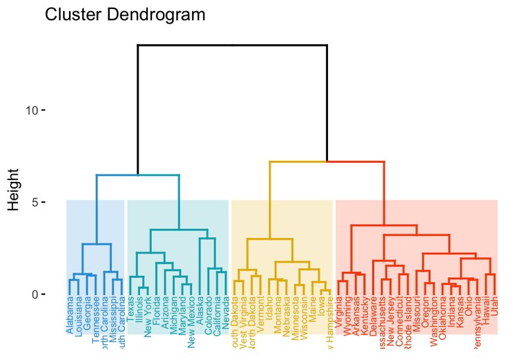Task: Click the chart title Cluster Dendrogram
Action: pos(125,15)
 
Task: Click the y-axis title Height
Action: pos(14,189)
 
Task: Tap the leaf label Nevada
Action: pos(226,313)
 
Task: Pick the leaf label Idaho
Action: pos(270,309)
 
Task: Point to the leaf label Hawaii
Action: pos(485,311)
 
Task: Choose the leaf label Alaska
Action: pos(200,311)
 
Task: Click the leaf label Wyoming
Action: pos(347,315)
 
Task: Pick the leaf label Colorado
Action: pos(208,316)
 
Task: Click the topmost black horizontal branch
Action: pos(232,45)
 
